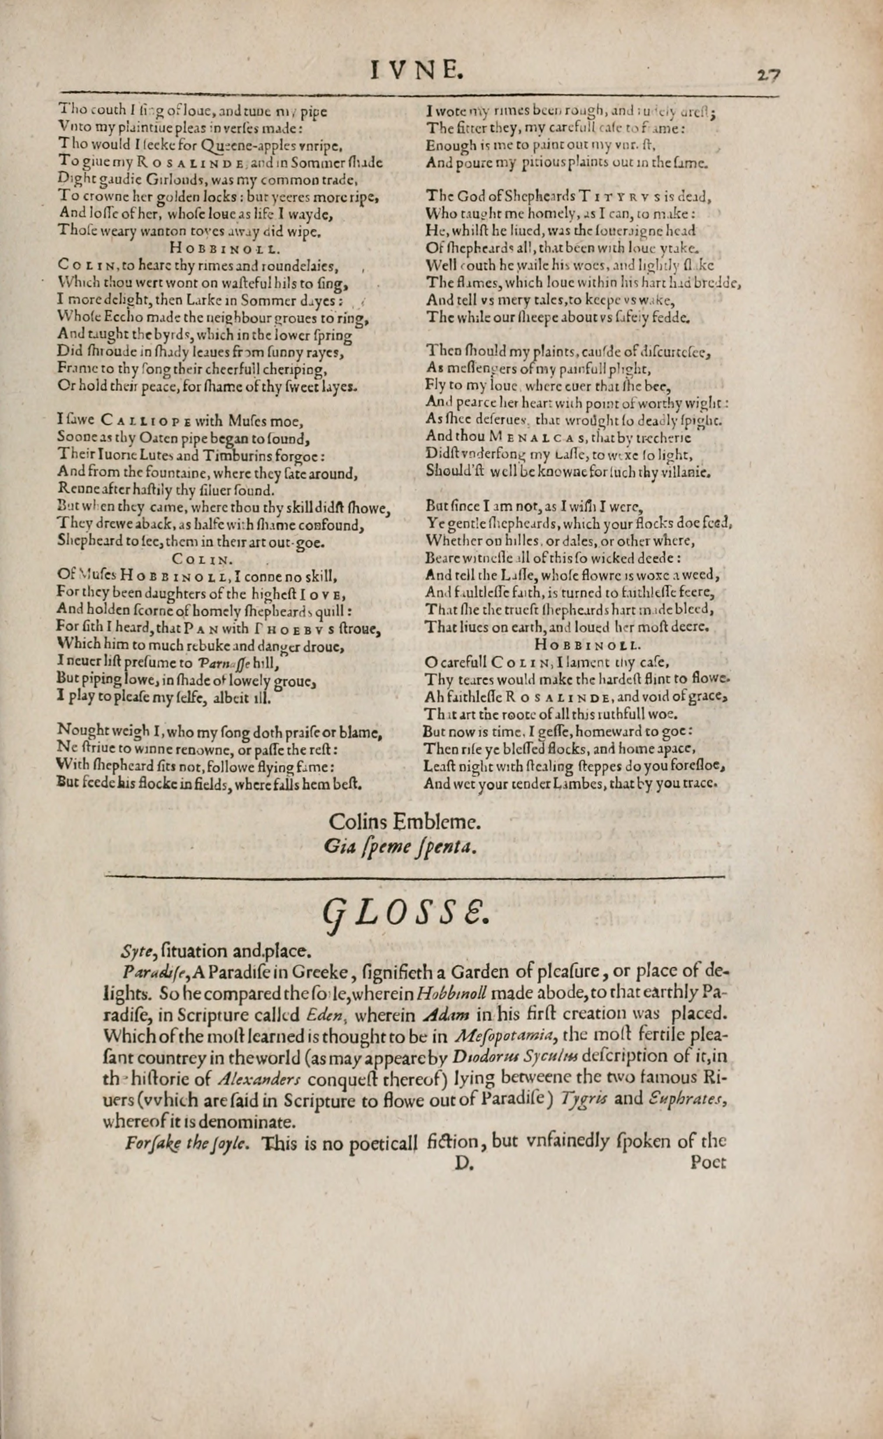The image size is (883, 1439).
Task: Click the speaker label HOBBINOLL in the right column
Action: pyautogui.click(x=586, y=645)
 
